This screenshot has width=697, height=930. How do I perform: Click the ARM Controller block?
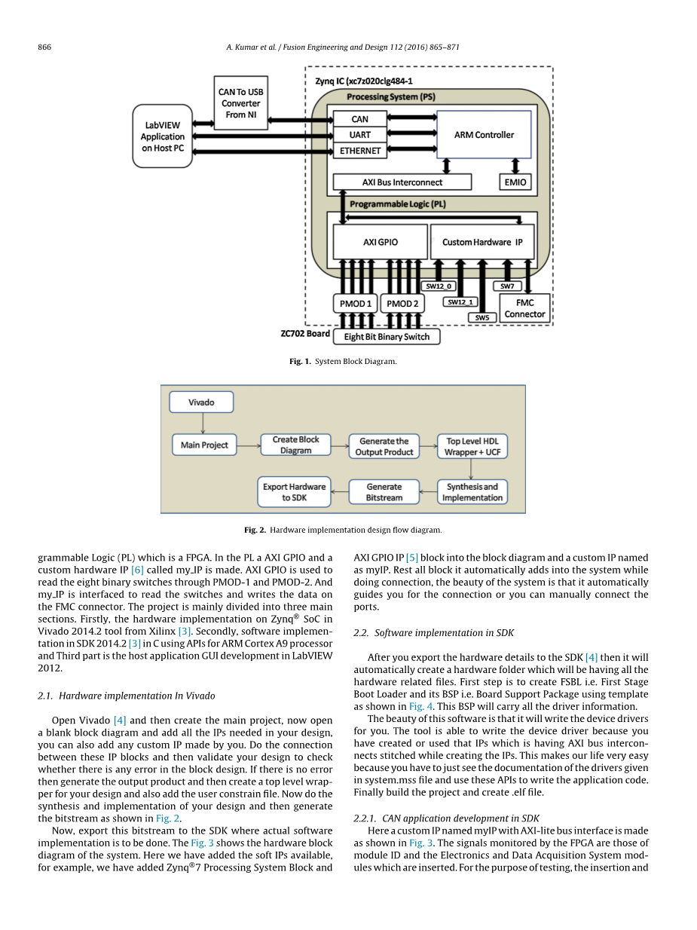click(484, 135)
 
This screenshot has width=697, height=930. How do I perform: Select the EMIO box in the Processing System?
click(515, 182)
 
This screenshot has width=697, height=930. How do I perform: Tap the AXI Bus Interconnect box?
click(402, 182)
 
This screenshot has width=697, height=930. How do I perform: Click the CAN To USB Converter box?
click(240, 103)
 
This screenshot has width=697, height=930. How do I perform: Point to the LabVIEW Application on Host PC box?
click(162, 136)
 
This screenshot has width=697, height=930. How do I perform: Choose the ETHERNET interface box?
click(360, 151)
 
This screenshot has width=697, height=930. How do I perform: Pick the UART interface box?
click(360, 135)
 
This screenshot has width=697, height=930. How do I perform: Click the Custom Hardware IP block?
click(482, 242)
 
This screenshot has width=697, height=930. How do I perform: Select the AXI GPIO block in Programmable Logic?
click(380, 242)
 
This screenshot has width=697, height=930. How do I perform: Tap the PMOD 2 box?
click(402, 304)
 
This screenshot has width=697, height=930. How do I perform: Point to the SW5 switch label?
click(482, 317)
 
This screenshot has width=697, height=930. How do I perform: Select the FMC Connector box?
click(524, 309)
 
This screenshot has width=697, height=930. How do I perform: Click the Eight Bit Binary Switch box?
click(387, 337)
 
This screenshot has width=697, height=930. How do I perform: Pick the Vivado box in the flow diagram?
click(201, 402)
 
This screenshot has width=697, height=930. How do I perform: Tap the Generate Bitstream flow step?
click(384, 492)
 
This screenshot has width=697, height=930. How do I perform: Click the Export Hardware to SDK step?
click(294, 492)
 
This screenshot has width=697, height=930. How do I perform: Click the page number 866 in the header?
click(44, 47)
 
